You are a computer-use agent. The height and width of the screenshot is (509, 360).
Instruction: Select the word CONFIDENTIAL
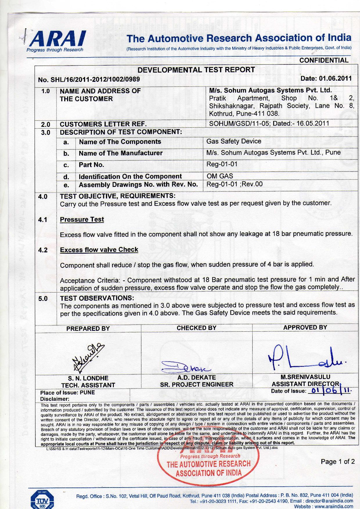(324, 60)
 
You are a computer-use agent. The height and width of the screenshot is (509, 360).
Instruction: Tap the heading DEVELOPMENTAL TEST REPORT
(196, 70)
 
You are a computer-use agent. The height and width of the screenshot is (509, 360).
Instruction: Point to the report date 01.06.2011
(335, 78)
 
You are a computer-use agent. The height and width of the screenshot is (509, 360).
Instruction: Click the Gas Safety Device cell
(234, 141)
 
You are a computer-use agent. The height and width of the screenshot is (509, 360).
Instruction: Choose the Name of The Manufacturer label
(120, 153)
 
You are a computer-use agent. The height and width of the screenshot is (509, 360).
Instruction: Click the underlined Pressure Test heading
(82, 219)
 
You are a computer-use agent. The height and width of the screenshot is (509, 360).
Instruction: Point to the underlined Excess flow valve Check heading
(99, 250)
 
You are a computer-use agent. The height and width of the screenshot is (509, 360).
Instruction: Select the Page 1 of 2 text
(338, 461)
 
